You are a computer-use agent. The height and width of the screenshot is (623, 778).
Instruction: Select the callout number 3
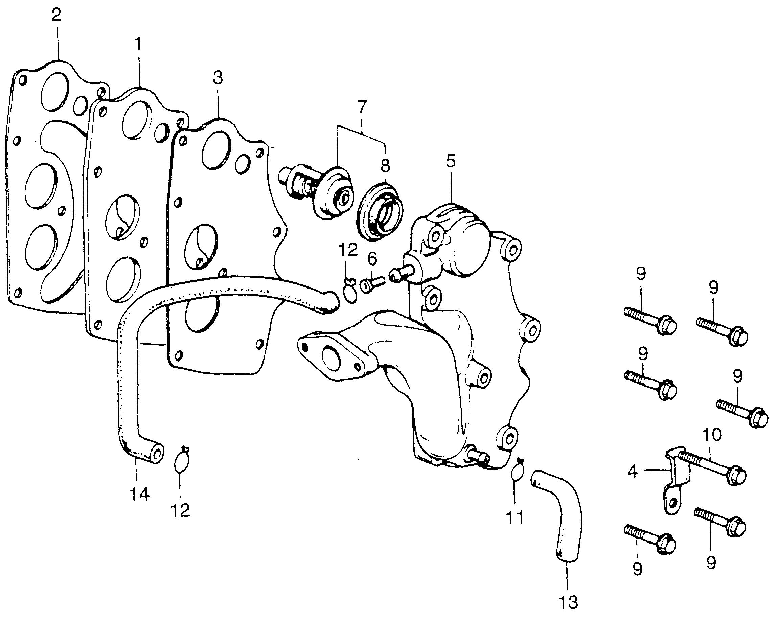pyautogui.click(x=218, y=77)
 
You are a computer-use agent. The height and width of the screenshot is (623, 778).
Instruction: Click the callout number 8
pyautogui.click(x=385, y=166)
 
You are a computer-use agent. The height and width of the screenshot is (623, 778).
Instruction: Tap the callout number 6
pyautogui.click(x=372, y=258)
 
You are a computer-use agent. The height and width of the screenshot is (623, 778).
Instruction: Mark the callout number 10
pyautogui.click(x=711, y=435)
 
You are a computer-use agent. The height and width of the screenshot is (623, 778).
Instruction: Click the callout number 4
pyautogui.click(x=633, y=471)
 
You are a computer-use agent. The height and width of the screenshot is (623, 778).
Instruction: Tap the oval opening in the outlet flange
pyautogui.click(x=331, y=357)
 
